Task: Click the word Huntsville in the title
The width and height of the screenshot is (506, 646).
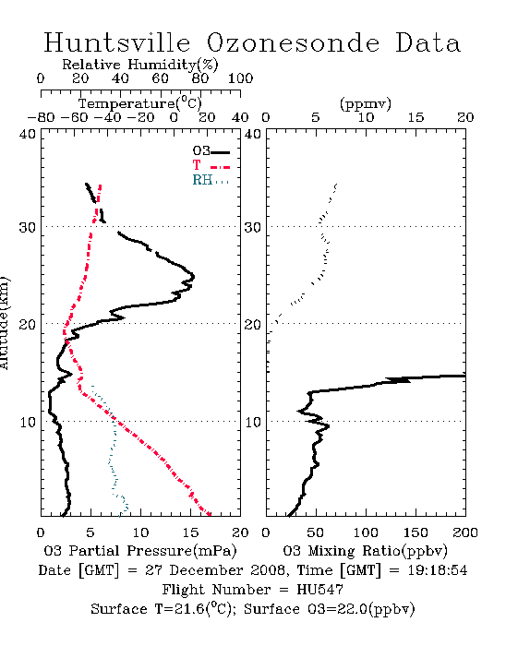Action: click(x=117, y=42)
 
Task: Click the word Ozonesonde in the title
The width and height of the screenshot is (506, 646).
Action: click(x=293, y=42)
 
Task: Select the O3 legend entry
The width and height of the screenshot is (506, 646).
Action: click(x=211, y=151)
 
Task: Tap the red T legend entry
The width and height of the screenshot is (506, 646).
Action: click(x=211, y=165)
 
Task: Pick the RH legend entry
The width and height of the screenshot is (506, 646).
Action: click(x=211, y=180)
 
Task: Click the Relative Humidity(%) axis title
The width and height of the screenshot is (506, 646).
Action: click(x=140, y=65)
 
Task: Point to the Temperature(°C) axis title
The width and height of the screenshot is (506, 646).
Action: click(x=140, y=103)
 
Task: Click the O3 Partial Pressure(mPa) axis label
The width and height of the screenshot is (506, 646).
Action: click(x=140, y=551)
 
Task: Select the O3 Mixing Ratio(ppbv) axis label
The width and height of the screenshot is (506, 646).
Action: click(x=365, y=551)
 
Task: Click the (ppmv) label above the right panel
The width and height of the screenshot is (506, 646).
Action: click(x=366, y=103)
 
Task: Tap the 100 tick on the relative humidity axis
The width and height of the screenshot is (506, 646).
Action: click(x=240, y=78)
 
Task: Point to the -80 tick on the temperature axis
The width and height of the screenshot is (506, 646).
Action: click(x=41, y=117)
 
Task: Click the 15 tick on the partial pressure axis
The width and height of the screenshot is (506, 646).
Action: click(x=190, y=532)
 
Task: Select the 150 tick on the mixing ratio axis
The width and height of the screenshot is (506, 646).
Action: click(x=416, y=532)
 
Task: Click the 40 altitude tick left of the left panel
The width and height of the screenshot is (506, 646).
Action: click(x=28, y=134)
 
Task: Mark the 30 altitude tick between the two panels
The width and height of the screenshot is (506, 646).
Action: click(x=253, y=227)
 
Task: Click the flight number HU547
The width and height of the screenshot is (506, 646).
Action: click(x=319, y=590)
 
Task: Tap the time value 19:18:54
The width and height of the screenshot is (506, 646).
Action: click(x=438, y=570)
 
